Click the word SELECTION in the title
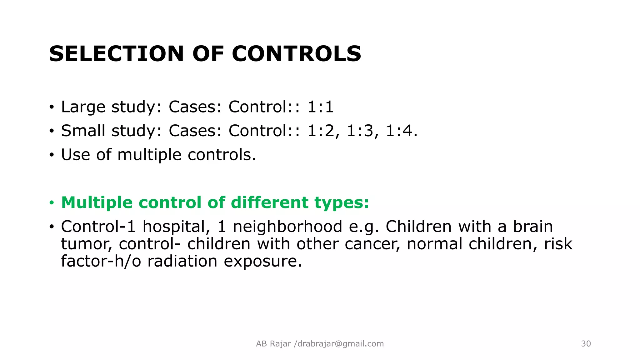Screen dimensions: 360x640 [116, 54]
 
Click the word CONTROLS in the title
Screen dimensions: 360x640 [297, 54]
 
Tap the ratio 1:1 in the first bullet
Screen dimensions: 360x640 [321, 107]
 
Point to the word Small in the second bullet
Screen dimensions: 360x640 [83, 131]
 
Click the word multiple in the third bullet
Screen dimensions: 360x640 [149, 155]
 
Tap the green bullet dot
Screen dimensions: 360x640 [52, 203]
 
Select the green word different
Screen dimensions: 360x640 [269, 202]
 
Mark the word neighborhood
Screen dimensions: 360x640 [287, 227]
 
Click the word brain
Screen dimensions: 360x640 [533, 227]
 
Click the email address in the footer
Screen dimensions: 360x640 [341, 344]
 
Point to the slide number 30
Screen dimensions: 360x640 [586, 344]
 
